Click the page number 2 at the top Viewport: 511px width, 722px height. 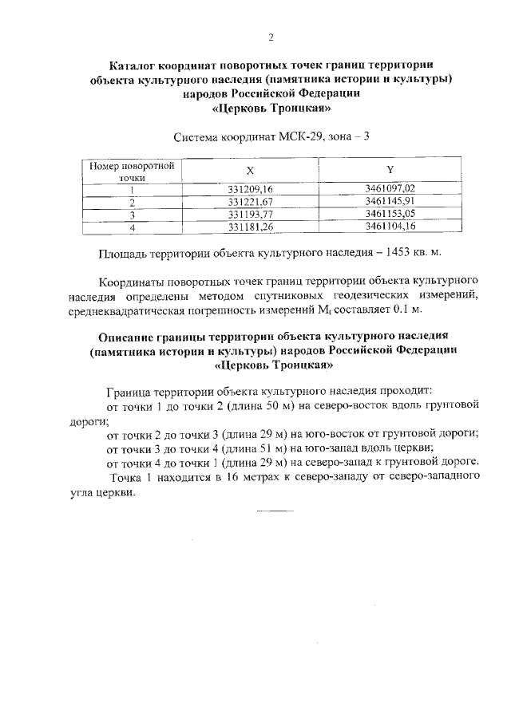point(271,37)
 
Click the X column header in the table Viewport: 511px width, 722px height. point(250,170)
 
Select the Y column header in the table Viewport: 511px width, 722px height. point(390,170)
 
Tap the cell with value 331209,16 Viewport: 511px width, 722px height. point(250,188)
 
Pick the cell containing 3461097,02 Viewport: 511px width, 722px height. point(390,188)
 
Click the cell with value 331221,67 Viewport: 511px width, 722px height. point(250,202)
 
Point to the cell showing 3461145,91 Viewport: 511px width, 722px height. point(390,202)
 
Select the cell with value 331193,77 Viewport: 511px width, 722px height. point(250,215)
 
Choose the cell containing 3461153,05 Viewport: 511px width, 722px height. point(390,215)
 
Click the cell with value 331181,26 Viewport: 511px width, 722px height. point(250,227)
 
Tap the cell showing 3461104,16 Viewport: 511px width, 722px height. point(390,227)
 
